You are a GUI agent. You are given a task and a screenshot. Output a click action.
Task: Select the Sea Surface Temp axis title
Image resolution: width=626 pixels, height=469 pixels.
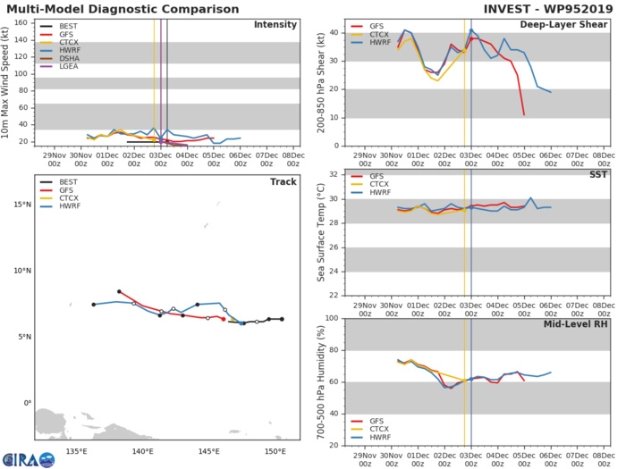pos(320,232)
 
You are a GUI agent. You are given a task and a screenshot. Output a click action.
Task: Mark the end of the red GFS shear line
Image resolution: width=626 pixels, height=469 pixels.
pos(524,114)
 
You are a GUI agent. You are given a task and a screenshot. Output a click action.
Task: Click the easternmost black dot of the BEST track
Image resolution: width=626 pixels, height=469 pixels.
pos(282,319)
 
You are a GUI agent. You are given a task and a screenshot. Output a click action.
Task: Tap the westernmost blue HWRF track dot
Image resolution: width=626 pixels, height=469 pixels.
pos(93,305)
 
